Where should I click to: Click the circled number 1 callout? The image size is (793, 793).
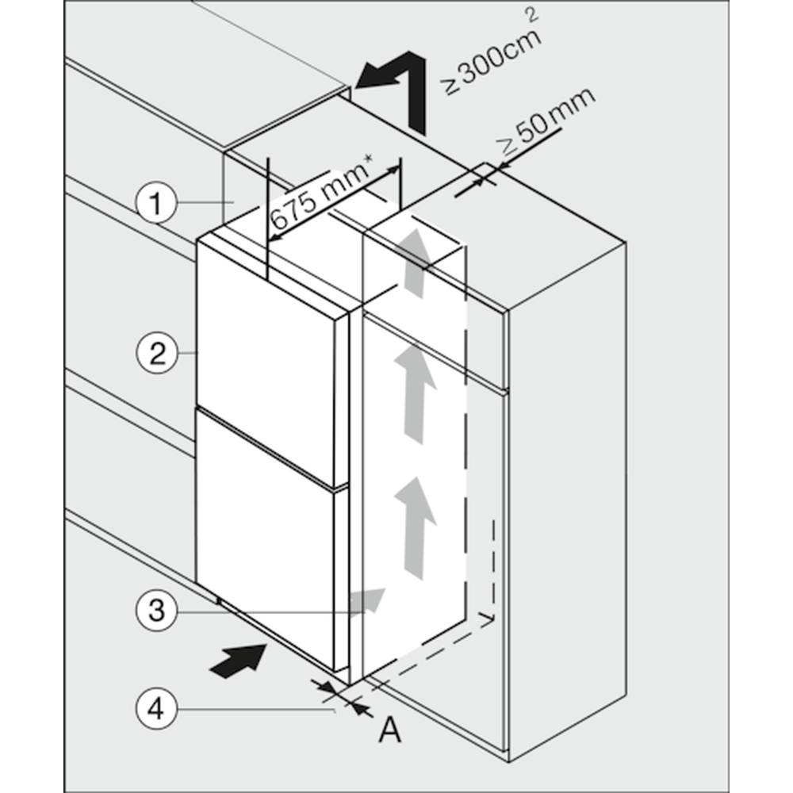coord(156,205)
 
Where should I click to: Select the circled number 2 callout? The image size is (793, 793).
coord(156,352)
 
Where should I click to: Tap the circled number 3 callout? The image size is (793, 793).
coord(156,610)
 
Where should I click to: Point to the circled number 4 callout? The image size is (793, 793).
coord(156,708)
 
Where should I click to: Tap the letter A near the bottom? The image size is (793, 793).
coord(389,730)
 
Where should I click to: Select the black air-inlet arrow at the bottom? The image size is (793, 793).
coord(238,661)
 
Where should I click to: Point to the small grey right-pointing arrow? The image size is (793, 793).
coord(368,602)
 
